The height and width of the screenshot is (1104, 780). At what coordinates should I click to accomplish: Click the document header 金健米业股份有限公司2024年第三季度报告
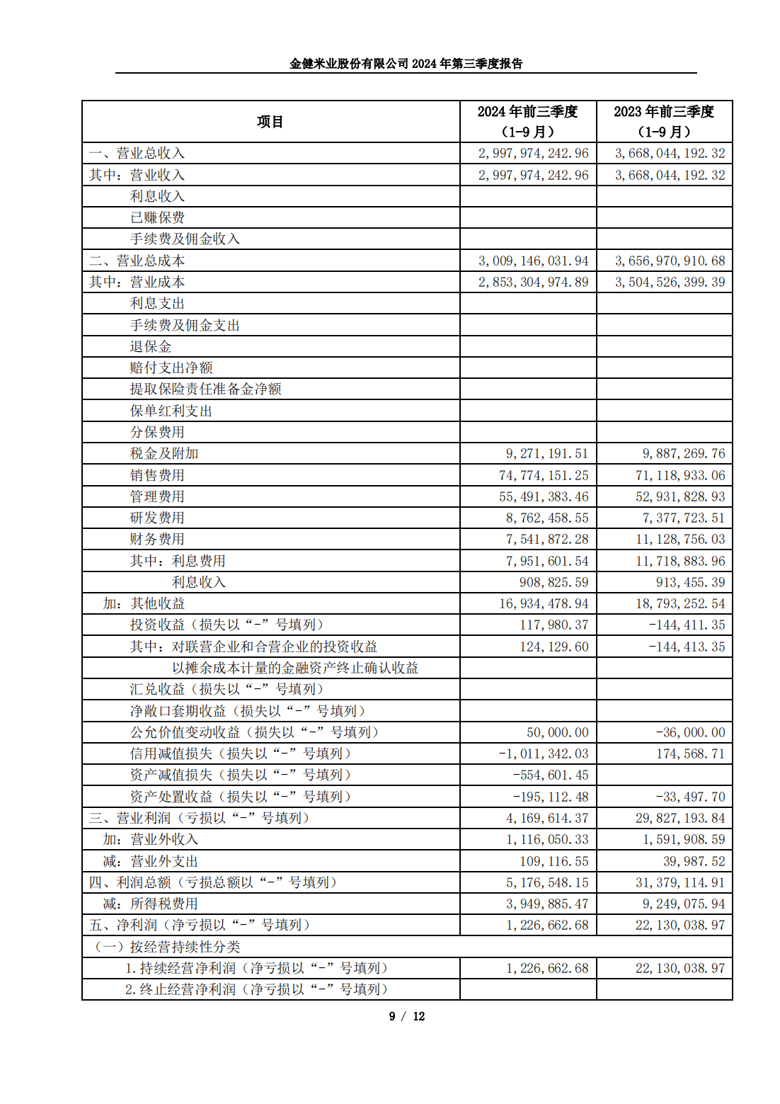[406, 64]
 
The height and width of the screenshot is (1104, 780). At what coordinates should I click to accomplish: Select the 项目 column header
[270, 122]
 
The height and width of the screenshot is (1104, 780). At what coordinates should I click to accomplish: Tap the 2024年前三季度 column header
[527, 121]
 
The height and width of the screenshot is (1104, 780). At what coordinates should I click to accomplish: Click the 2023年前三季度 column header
[664, 121]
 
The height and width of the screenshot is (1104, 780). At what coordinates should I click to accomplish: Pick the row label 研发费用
[157, 518]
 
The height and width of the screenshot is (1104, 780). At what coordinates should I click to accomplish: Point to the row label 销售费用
[157, 475]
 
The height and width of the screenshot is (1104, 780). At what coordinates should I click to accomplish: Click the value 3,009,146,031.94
[533, 261]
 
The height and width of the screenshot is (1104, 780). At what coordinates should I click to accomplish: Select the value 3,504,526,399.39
[670, 282]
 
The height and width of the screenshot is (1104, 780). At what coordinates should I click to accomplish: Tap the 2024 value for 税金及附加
[547, 453]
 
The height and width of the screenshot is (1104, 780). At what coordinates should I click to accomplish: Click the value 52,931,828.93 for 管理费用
[680, 496]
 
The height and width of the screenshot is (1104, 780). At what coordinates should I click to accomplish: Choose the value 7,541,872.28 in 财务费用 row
[547, 539]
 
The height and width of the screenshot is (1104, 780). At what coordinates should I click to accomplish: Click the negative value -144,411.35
[687, 625]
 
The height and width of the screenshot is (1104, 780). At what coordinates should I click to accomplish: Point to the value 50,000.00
[557, 732]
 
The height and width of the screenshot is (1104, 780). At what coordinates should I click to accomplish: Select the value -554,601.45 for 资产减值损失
[551, 775]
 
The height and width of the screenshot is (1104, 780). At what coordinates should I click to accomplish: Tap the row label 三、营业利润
[199, 818]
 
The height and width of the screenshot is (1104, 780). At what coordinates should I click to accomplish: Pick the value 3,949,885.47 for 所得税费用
[547, 904]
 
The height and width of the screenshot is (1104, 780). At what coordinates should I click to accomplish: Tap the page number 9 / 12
[406, 1016]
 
